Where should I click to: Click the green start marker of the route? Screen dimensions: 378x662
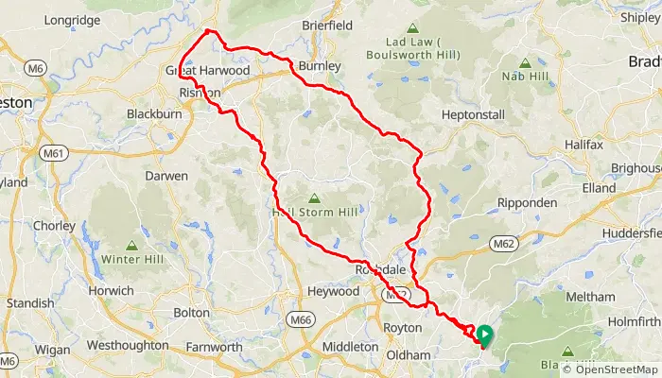click(484, 334)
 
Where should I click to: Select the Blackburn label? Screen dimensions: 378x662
click(154, 115)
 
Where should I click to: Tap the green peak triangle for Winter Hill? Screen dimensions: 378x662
click(131, 245)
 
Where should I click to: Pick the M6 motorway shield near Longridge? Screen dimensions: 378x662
click(36, 68)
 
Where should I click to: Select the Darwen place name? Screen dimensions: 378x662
click(166, 177)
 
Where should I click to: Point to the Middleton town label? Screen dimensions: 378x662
click(349, 347)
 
